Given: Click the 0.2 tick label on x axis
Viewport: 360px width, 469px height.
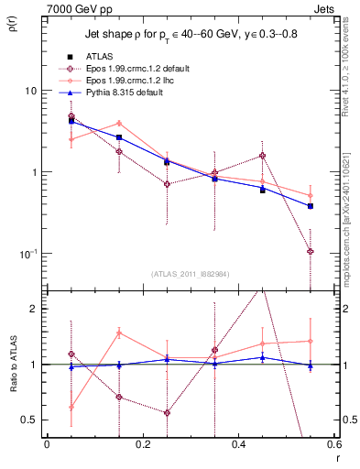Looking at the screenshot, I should click(142, 444).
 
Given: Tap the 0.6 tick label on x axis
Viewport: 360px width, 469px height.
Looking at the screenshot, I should click(333, 444).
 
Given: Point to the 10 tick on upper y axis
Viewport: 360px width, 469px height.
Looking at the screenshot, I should click(31, 91).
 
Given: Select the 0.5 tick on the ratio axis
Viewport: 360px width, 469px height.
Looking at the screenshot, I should click(31, 420).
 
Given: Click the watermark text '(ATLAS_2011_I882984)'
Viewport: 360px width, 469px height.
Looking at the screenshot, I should click(190, 274).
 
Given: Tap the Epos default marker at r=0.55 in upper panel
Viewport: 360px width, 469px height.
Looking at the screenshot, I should click(311, 251).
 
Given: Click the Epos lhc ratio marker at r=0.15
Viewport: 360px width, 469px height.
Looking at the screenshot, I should click(119, 333).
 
